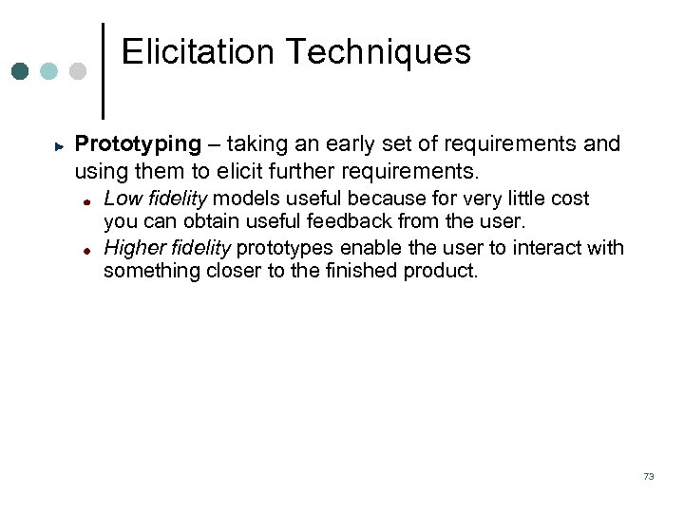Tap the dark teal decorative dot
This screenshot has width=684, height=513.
click(x=21, y=71)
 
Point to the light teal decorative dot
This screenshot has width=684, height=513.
click(x=49, y=71)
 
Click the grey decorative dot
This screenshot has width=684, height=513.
click(x=78, y=71)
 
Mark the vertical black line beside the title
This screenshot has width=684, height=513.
click(x=103, y=70)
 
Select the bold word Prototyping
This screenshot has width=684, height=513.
click(x=138, y=144)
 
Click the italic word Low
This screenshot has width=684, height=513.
click(x=122, y=199)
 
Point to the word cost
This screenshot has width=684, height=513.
click(x=569, y=199)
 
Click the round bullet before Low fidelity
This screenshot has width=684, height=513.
click(x=85, y=201)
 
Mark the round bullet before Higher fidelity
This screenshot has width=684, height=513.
click(x=85, y=251)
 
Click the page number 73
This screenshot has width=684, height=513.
click(x=648, y=476)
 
